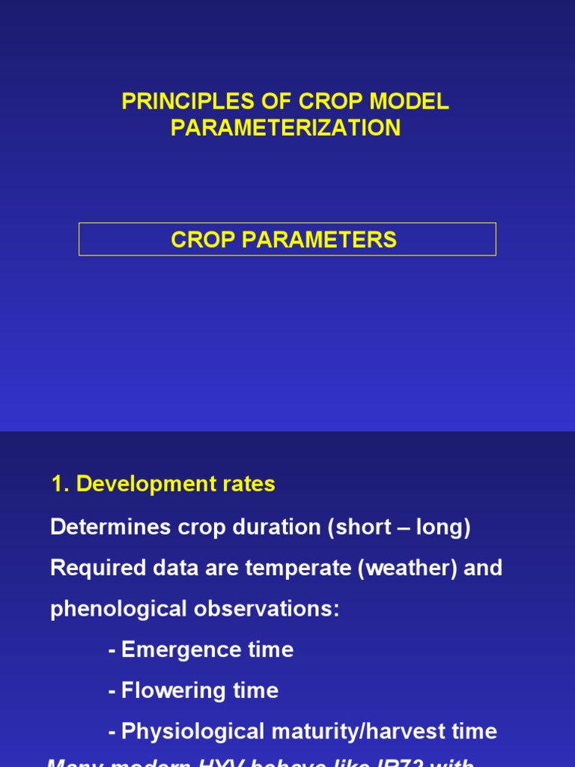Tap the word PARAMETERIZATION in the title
[x=285, y=128]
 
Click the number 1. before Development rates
[x=60, y=485]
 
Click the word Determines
[x=106, y=527]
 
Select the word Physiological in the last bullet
[x=187, y=732]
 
